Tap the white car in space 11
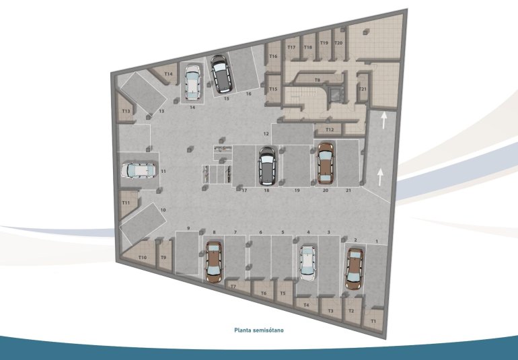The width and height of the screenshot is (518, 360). [138, 171]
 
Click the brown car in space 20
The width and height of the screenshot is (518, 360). [326, 162]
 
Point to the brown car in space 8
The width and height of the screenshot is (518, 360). [214, 262]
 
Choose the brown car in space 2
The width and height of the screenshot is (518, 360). [354, 268]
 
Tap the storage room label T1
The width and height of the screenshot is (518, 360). [374, 322]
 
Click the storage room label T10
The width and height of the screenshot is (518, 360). [142, 257]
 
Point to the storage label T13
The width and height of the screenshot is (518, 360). [126, 111]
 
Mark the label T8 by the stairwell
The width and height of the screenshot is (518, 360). [317, 79]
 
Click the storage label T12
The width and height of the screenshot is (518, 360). [330, 129]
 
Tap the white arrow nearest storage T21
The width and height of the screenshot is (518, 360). [383, 120]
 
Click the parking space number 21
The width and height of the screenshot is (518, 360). [348, 191]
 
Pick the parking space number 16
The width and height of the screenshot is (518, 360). [248, 94]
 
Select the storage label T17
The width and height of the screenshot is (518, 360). [291, 48]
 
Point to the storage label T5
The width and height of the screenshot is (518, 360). [283, 293]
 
